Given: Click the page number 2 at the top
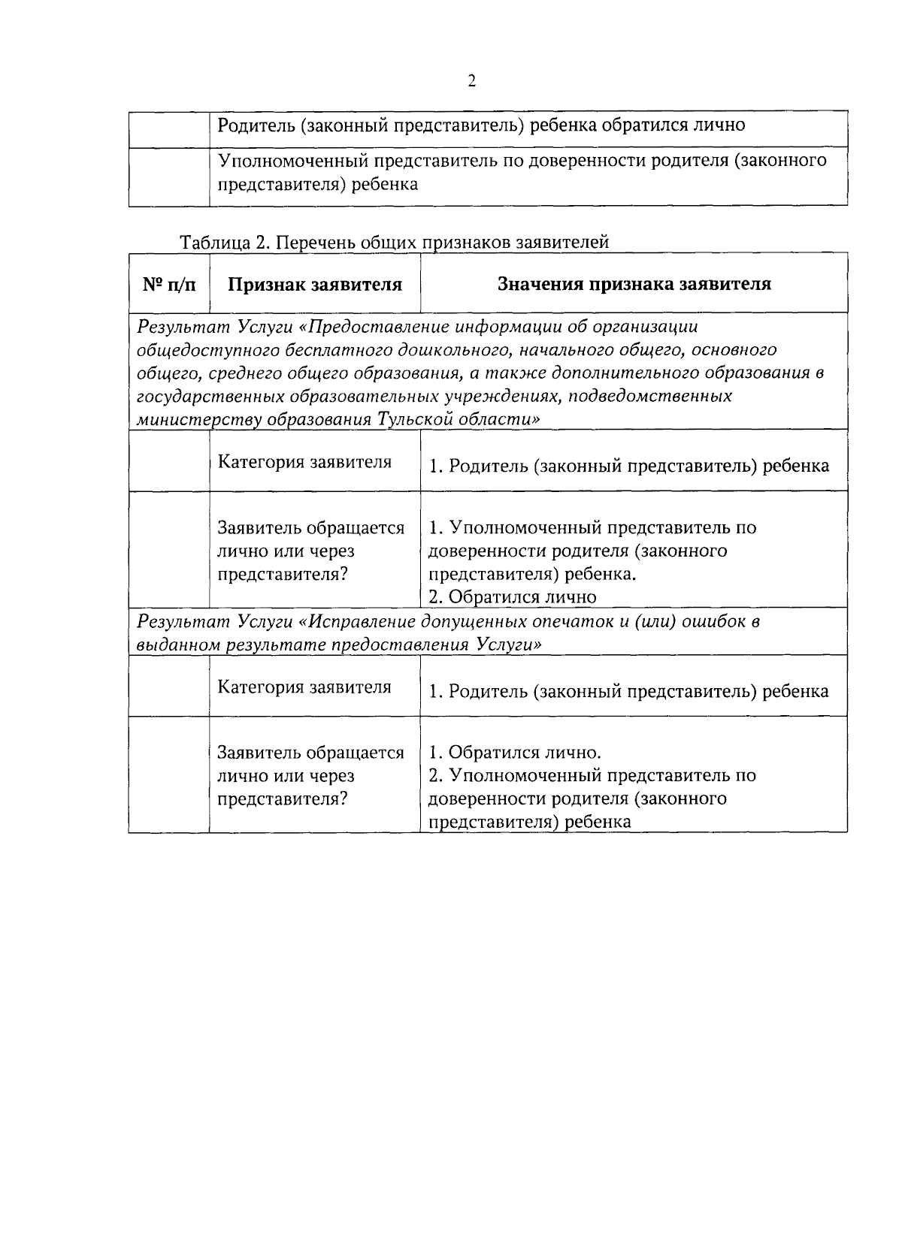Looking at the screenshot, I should [471, 81].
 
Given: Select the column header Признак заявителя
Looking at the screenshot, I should [315, 285].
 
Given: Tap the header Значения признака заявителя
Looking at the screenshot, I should [634, 284].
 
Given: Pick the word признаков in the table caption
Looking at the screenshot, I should [458, 243].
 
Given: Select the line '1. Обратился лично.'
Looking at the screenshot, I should [515, 753].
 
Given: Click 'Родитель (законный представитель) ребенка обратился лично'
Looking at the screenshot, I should [481, 125].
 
